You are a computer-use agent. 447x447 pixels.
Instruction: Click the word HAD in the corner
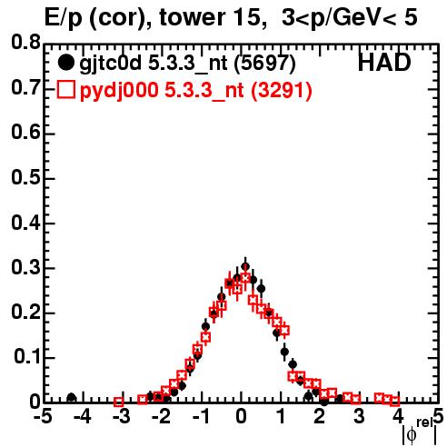click(384, 63)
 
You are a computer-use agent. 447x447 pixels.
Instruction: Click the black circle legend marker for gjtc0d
click(66, 63)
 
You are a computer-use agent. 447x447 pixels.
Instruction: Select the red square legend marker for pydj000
click(66, 90)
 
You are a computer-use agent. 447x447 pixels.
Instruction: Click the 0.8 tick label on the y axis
click(25, 43)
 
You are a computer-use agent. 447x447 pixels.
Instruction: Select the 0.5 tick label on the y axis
click(25, 178)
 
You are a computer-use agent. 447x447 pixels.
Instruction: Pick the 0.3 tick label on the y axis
click(25, 267)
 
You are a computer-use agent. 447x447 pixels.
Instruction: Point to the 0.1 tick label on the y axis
click(27, 357)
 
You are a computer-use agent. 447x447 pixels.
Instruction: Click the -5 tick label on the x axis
click(44, 416)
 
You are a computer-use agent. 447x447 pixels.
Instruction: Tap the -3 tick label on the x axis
click(122, 416)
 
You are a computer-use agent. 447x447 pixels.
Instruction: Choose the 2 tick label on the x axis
click(320, 416)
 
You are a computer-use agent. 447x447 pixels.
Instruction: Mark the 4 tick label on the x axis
click(399, 416)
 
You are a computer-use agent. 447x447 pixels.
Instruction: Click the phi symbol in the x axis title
click(412, 435)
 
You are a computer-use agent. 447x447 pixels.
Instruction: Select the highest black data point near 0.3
click(245, 266)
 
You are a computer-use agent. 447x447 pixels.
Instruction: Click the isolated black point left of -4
click(71, 397)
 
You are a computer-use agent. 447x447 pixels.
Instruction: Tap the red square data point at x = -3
click(119, 402)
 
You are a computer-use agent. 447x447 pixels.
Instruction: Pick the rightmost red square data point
click(394, 402)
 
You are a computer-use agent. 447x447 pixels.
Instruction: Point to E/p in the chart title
click(64, 18)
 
